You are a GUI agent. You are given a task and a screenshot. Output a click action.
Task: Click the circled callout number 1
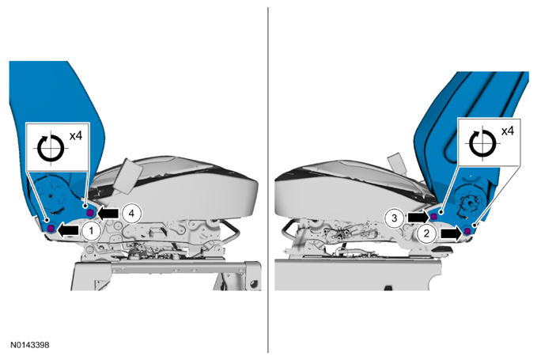click(x=91, y=231)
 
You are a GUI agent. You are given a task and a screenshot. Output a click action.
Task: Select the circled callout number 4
click(x=131, y=214)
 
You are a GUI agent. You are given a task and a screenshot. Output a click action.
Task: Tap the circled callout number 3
click(x=395, y=218)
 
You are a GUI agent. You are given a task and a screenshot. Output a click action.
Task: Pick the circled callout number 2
click(x=427, y=234)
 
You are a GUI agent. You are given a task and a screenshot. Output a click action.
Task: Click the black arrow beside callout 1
click(x=68, y=230)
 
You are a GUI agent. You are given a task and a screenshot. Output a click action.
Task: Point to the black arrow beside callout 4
click(x=108, y=214)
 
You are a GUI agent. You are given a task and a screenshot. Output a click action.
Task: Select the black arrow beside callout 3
click(x=418, y=217)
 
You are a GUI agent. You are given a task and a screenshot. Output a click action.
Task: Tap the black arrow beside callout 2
click(x=451, y=233)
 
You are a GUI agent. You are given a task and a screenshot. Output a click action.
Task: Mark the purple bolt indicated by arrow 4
click(x=90, y=213)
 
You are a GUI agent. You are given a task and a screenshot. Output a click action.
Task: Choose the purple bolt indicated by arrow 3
click(x=434, y=216)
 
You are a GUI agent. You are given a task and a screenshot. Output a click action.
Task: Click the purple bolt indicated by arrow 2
click(x=467, y=231)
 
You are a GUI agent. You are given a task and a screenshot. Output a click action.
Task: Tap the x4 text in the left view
click(x=76, y=136)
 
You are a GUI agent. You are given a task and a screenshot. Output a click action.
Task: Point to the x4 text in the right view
click(x=508, y=131)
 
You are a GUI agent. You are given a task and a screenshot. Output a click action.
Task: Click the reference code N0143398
click(x=29, y=345)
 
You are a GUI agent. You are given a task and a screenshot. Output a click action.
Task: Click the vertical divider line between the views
click(x=268, y=180)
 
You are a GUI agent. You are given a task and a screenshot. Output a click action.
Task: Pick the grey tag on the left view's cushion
click(x=128, y=176)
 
